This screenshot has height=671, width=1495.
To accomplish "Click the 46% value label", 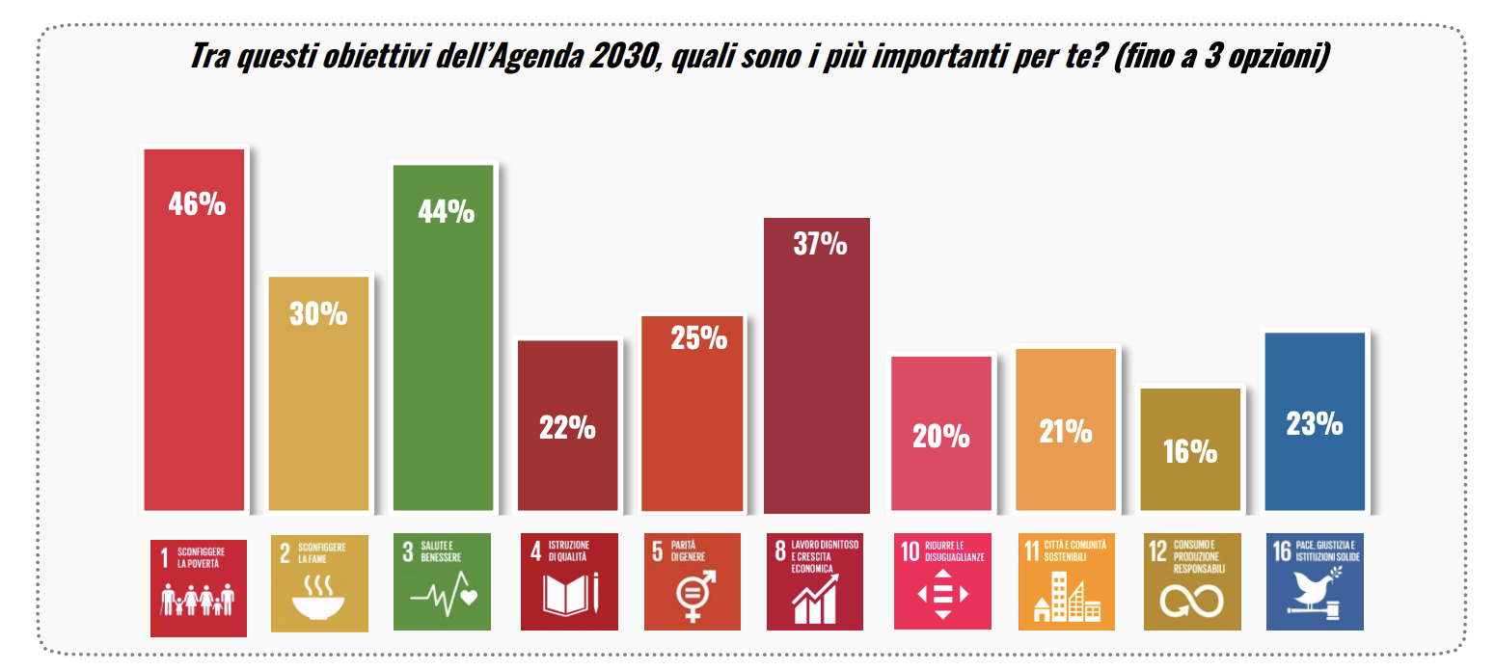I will pos(197,203).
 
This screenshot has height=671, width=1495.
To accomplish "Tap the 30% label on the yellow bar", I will pos(318,313).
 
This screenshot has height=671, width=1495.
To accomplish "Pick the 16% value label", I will pos(1189,450).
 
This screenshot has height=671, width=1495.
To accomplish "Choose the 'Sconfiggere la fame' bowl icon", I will pos(319,582).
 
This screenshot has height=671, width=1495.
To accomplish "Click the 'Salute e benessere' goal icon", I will pos(444,582).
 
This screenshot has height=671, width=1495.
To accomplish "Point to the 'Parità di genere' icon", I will pos(693,582).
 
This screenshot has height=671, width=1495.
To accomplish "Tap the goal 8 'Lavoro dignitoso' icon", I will pos(815,582).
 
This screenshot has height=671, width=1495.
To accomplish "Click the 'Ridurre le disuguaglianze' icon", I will pos(942,582).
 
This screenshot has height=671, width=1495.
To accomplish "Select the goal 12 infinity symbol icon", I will pos(1191,582).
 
